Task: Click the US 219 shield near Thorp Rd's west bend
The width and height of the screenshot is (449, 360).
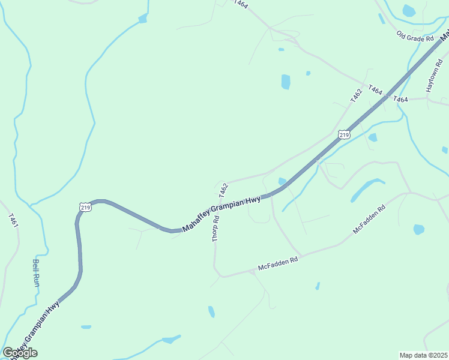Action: tap(85, 207)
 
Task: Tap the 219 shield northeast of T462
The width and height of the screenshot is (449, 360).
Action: tap(343, 135)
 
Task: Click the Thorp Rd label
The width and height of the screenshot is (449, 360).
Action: tap(216, 229)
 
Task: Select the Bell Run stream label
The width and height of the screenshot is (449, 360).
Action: tap(35, 272)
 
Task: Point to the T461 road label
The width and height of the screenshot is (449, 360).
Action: tap(13, 220)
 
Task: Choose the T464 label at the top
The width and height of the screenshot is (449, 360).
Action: tap(241, 4)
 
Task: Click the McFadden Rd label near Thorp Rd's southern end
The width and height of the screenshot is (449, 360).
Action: tap(278, 263)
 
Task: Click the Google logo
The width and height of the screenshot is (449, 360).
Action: tap(20, 353)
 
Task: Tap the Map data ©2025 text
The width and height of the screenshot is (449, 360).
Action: tap(424, 355)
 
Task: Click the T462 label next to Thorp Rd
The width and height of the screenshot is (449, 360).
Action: tap(223, 191)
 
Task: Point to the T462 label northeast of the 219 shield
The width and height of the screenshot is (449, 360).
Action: tap(357, 95)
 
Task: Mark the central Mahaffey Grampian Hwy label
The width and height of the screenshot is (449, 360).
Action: tap(221, 214)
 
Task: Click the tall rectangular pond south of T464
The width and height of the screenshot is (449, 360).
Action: tap(286, 82)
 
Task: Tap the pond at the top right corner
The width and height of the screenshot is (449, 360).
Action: tap(409, 10)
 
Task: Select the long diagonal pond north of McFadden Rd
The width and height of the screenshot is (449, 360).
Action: tap(367, 190)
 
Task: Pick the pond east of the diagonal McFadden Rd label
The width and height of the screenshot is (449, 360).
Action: tap(419, 229)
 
